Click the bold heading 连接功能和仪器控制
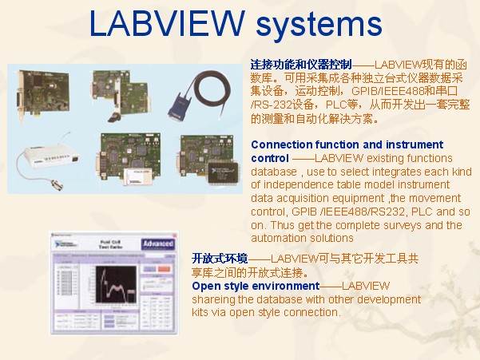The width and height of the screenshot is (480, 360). click(301, 63)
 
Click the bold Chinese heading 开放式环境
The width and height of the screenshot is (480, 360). click(220, 259)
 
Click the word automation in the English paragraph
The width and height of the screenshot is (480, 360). click(280, 238)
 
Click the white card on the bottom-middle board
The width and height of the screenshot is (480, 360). click(121, 167)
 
